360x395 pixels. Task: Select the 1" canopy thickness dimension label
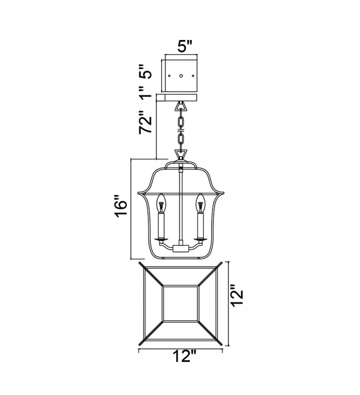(x=146, y=92)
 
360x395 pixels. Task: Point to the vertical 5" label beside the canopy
(x=145, y=71)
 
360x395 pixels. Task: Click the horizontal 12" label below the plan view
(x=185, y=356)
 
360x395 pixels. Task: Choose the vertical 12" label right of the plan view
(x=237, y=295)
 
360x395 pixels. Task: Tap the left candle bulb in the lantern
(x=160, y=203)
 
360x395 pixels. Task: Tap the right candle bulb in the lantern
(x=200, y=203)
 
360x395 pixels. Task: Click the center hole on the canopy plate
(x=181, y=76)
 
